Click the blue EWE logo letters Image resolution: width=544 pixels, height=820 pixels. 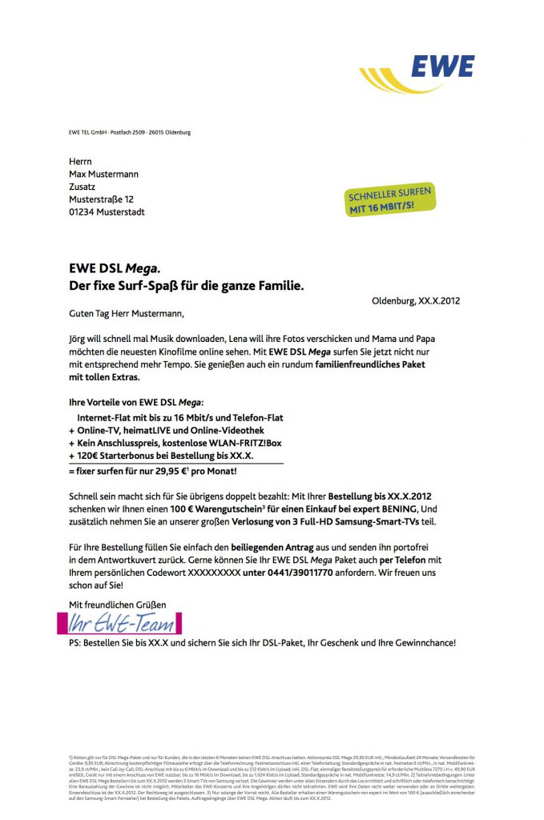pyautogui.click(x=443, y=67)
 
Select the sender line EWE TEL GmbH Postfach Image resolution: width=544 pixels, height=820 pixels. pyautogui.click(x=129, y=133)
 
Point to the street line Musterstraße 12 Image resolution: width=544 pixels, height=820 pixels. pyautogui.click(x=101, y=199)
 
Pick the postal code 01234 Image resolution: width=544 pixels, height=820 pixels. pyautogui.click(x=83, y=211)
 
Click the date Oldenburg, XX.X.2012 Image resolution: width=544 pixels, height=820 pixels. pyautogui.click(x=416, y=302)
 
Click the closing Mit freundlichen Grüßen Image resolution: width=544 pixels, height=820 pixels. pyautogui.click(x=118, y=605)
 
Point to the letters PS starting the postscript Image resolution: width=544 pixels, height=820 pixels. pyautogui.click(x=76, y=643)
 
